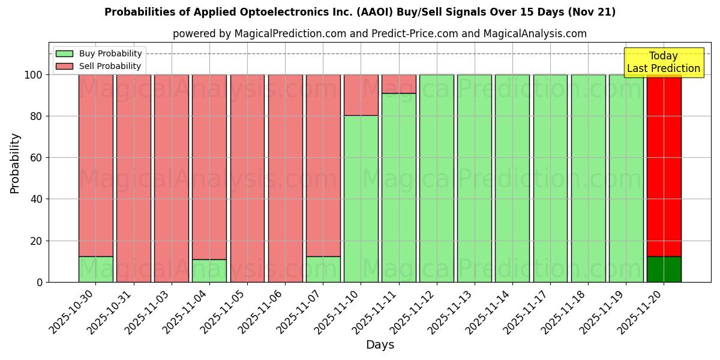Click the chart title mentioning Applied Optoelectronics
point(360,12)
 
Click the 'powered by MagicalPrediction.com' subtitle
point(379,34)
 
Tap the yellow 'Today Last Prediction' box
point(663,62)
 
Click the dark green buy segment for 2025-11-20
point(664,269)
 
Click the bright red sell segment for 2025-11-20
point(664,165)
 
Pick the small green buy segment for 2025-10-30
point(95,269)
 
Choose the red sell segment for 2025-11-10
point(361,95)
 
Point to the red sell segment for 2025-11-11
point(398,84)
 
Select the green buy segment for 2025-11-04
point(209,271)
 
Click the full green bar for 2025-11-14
point(512,178)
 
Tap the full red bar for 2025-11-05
point(247,178)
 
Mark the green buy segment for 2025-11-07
point(323,269)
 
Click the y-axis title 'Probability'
point(15,163)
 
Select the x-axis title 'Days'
point(379,345)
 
